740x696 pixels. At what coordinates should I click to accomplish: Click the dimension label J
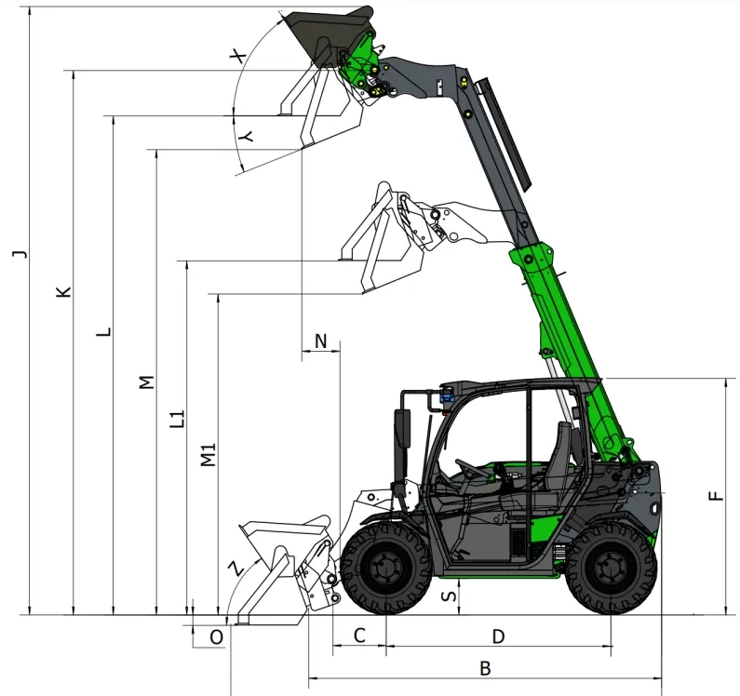pyautogui.click(x=20, y=254)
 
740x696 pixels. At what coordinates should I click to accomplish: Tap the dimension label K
pyautogui.click(x=63, y=291)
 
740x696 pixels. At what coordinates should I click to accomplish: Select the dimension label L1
pyautogui.click(x=178, y=419)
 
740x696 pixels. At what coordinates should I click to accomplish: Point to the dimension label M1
pyautogui.click(x=209, y=454)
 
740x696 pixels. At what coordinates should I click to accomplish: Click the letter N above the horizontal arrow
pyautogui.click(x=320, y=341)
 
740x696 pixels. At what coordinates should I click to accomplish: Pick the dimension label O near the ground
pyautogui.click(x=216, y=637)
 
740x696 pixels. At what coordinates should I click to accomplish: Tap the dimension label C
pyautogui.click(x=359, y=636)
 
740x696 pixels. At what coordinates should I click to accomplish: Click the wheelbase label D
pyautogui.click(x=498, y=636)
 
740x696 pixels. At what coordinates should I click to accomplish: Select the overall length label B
pyautogui.click(x=485, y=669)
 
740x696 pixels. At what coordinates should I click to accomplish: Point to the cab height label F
pyautogui.click(x=717, y=496)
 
